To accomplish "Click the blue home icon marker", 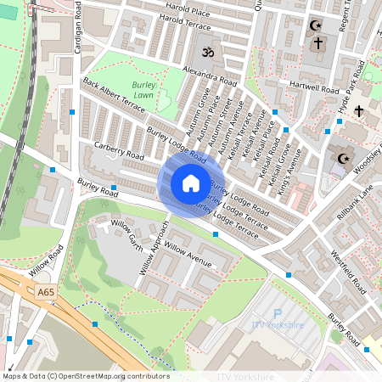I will pos(190,183).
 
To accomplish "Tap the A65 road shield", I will pos(48,292).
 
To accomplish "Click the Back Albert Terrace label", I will pos(114,94).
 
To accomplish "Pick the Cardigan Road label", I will pos(77,38).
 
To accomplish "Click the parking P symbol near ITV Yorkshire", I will pos(278,314).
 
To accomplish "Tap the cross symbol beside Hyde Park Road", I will pos(358,111).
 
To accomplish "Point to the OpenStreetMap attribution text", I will pos(85,376).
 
